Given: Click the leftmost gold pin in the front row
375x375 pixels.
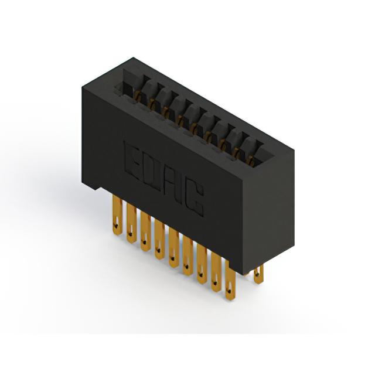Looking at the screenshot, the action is (117, 214).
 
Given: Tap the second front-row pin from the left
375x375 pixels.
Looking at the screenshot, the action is (131, 223).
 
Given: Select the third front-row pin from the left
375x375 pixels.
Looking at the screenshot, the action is (145, 231).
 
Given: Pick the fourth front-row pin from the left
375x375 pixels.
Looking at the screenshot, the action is (159, 240).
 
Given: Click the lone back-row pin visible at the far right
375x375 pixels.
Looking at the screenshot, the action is (258, 275).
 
